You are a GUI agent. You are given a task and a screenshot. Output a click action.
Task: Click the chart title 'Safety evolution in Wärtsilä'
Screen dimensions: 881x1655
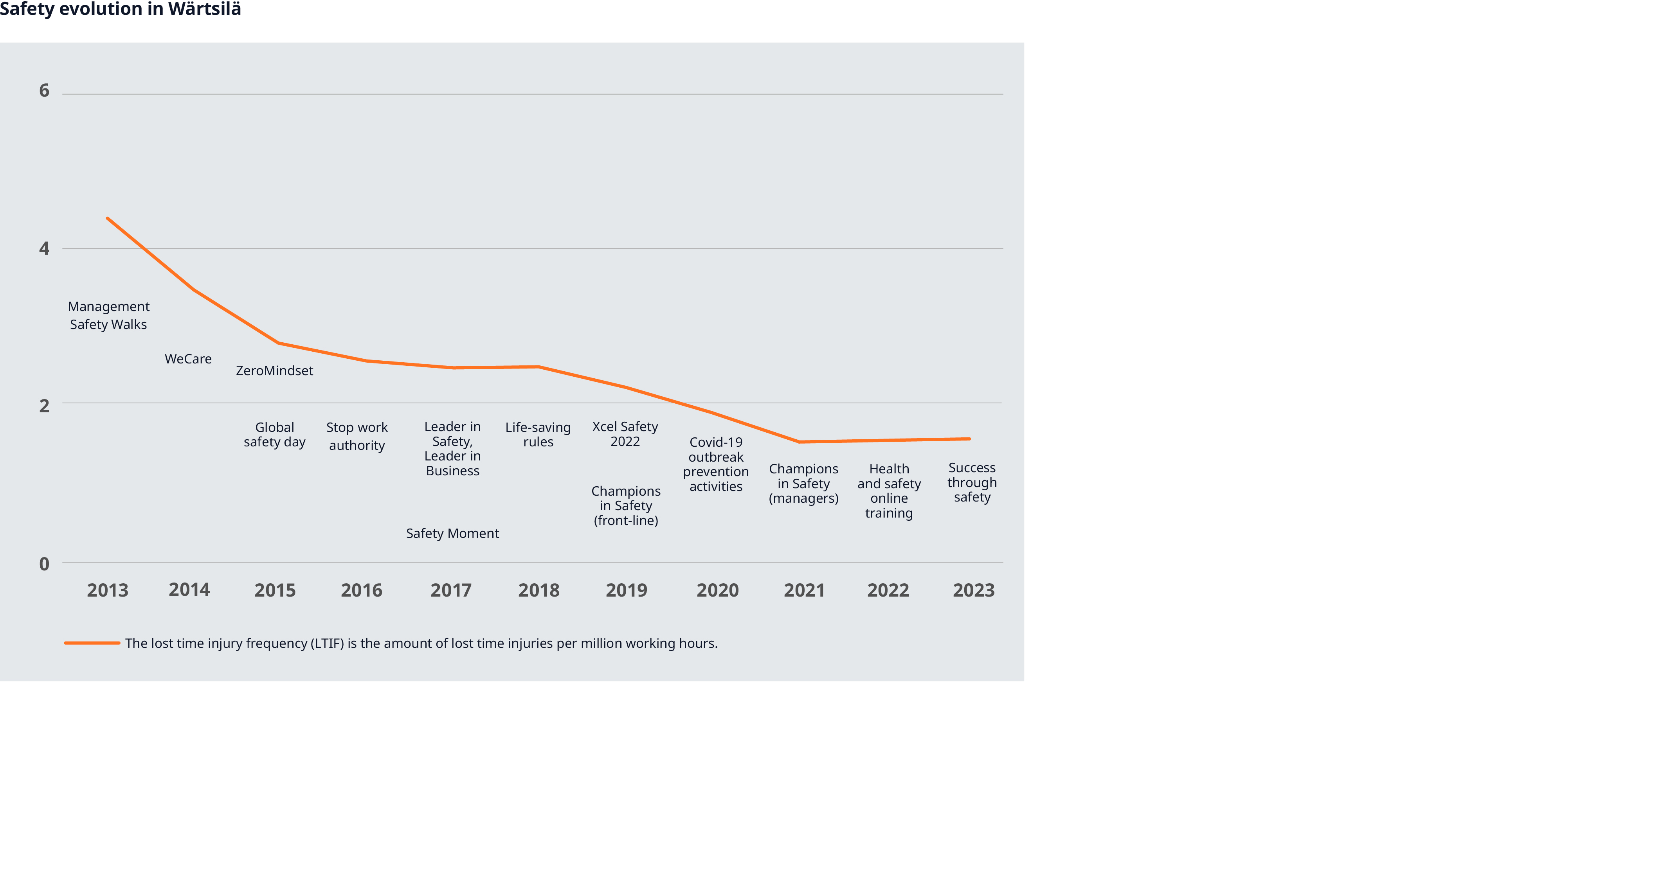coord(120,10)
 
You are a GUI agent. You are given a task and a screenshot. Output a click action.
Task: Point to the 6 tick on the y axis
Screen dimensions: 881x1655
coord(44,90)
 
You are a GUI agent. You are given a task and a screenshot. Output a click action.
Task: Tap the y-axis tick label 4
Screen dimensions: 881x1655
coord(44,248)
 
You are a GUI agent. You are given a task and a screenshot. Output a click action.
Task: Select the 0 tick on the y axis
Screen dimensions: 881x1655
coord(44,564)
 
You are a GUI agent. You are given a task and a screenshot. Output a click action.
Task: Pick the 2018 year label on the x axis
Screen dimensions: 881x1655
coord(538,590)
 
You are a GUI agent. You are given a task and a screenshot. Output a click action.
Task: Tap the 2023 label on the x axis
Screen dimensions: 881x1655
coord(973,590)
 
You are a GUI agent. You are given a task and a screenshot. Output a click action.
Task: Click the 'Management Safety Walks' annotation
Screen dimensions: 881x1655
coord(108,315)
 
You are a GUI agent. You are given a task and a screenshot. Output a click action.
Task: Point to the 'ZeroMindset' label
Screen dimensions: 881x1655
coord(274,370)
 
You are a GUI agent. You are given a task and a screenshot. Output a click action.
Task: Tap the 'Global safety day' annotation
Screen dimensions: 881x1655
coord(274,435)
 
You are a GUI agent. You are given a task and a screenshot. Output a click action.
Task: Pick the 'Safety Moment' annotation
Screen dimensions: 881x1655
coord(452,534)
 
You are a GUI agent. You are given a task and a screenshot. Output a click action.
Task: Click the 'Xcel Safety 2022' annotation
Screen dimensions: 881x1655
coord(625,434)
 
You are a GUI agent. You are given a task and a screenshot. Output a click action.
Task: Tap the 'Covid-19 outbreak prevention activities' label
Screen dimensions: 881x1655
coord(716,464)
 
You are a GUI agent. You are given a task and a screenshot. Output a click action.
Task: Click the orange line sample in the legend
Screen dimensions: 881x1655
coord(92,643)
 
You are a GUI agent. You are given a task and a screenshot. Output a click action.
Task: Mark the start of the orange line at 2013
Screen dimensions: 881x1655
coord(107,218)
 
